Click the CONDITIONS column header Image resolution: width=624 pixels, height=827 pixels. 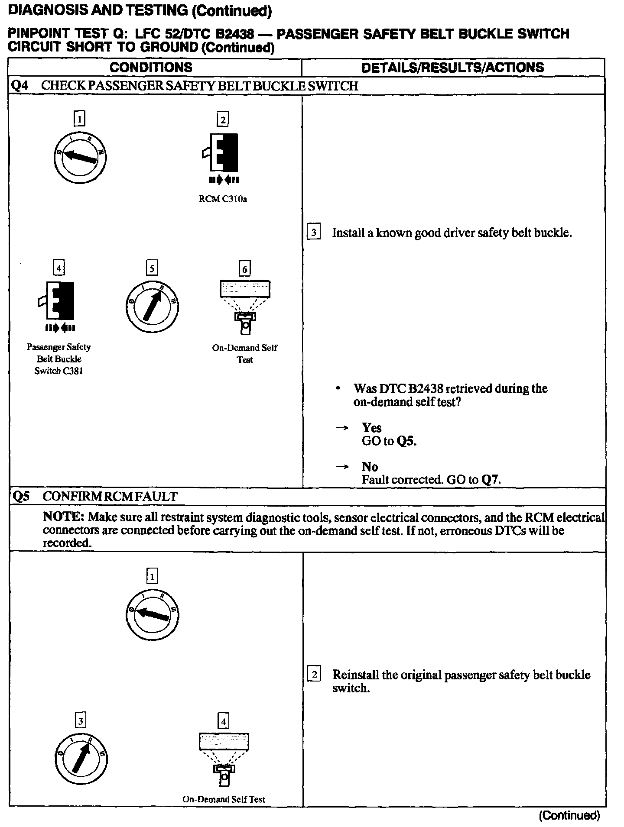(151, 68)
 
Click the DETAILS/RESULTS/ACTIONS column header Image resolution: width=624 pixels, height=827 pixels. (452, 68)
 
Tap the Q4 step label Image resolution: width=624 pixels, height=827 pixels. (19, 86)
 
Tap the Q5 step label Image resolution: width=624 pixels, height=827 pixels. (21, 496)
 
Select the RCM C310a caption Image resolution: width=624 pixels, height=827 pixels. (223, 200)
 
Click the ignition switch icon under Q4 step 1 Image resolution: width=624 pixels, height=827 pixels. (80, 157)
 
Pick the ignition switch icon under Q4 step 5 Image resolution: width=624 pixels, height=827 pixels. (151, 306)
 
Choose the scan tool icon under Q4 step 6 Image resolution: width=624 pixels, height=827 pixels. (245, 306)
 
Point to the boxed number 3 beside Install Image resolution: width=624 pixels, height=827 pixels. (313, 233)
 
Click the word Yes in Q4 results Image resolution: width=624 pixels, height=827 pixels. (371, 428)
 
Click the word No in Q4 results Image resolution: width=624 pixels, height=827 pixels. (370, 467)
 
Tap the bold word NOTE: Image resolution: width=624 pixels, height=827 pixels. (63, 517)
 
